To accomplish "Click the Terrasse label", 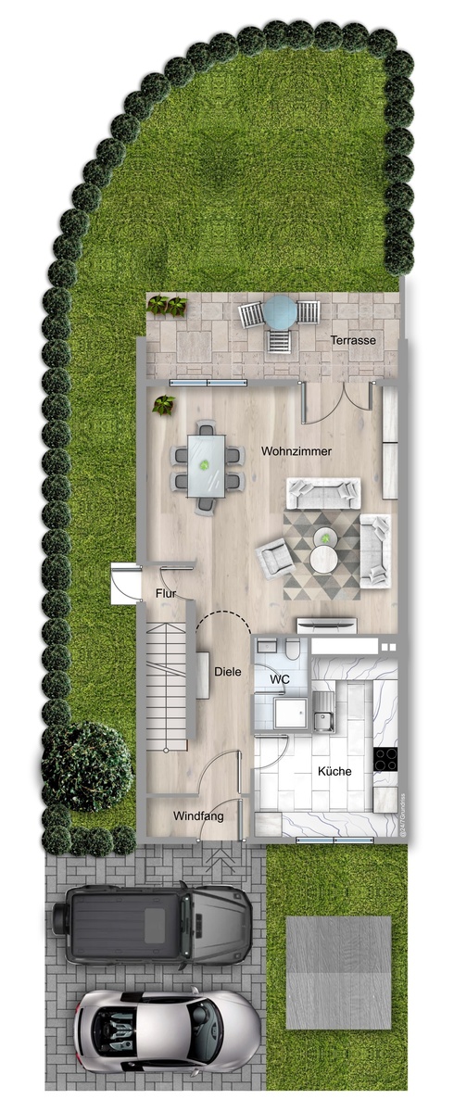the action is click(x=353, y=341).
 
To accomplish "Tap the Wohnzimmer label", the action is click(x=296, y=451).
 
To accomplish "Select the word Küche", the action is click(x=334, y=771).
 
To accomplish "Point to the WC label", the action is click(x=280, y=679).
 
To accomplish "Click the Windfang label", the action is click(x=198, y=816).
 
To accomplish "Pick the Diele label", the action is click(x=228, y=672).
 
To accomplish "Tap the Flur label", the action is click(x=165, y=593).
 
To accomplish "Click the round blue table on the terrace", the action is click(x=280, y=311).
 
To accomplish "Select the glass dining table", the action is click(x=206, y=465).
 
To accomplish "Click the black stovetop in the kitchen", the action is click(x=385, y=760).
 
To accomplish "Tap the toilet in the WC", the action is click(x=292, y=649).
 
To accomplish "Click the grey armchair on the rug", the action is click(x=274, y=559).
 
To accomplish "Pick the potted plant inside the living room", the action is click(x=163, y=405).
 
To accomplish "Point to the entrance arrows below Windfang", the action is click(x=221, y=860).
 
